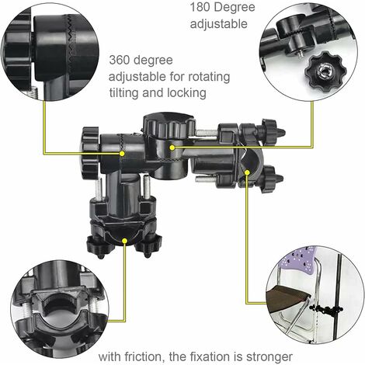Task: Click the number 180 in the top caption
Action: [x=200, y=7]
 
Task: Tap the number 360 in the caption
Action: [x=120, y=60]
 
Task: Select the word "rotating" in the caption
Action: [x=209, y=77]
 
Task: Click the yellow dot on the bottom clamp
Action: [x=124, y=241]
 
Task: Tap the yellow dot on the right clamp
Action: [x=247, y=172]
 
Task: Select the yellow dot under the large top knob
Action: [x=172, y=148]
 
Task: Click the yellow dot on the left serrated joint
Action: [x=122, y=154]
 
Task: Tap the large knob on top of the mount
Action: [x=169, y=125]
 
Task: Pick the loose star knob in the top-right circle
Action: [x=323, y=70]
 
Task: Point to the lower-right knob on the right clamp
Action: [x=271, y=179]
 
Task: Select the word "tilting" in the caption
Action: [x=123, y=93]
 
